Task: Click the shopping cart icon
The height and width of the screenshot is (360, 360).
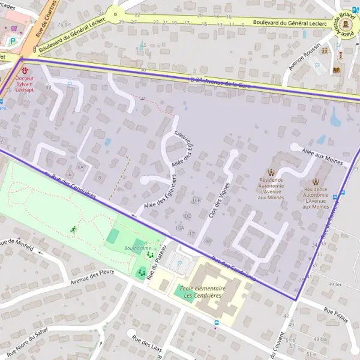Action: [13, 28]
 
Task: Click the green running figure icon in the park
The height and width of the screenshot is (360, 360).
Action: [74, 229]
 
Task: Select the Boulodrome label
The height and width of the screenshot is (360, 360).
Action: [136, 247]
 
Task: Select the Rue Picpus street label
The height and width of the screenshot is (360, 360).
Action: [335, 314]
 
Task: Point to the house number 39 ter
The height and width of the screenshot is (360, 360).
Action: [334, 284]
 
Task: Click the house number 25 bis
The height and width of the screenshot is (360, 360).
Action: [64, 24]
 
